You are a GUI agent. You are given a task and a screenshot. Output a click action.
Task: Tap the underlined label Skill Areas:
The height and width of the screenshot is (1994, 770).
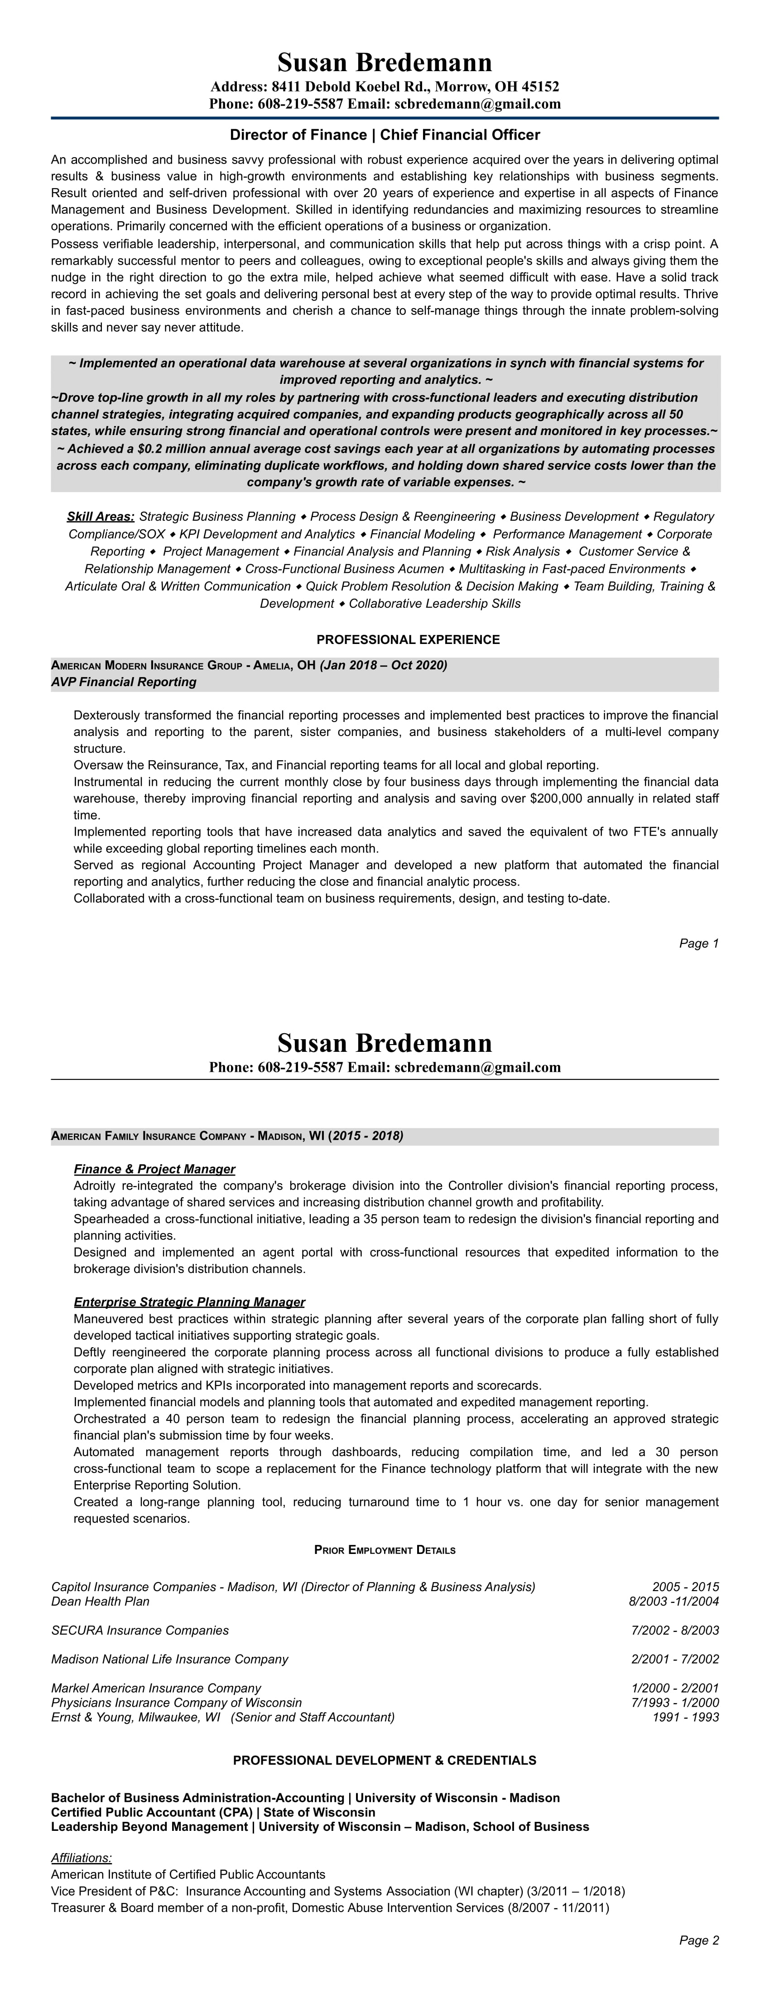tap(101, 516)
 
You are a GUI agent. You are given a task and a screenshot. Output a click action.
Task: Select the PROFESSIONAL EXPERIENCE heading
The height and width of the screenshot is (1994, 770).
tap(408, 639)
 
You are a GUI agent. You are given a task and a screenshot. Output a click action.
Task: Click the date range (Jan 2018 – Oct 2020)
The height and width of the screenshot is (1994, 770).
tap(383, 665)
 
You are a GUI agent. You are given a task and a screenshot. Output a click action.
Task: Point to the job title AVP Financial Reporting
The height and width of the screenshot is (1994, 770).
tap(124, 682)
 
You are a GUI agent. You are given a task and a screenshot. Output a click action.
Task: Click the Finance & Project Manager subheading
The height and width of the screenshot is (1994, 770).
tap(154, 1169)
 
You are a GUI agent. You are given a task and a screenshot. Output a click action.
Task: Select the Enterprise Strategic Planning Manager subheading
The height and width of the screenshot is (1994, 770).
tap(189, 1302)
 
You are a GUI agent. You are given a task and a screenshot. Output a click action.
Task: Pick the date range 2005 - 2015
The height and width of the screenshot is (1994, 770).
tap(685, 1587)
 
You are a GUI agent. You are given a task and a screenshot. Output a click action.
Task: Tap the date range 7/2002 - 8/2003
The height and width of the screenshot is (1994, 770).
tap(675, 1630)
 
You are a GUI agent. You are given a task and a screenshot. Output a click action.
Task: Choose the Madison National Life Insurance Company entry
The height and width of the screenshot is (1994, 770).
tap(169, 1659)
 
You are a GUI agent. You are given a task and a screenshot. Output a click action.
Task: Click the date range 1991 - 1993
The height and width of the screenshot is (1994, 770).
tap(686, 1717)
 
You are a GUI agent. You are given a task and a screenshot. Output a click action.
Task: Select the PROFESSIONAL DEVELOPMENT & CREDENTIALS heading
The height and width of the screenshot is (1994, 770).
tap(385, 1760)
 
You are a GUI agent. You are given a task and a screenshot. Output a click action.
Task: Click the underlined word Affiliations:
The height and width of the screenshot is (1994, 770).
tap(81, 1858)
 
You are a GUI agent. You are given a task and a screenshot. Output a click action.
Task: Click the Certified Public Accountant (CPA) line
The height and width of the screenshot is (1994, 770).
tap(213, 1812)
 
